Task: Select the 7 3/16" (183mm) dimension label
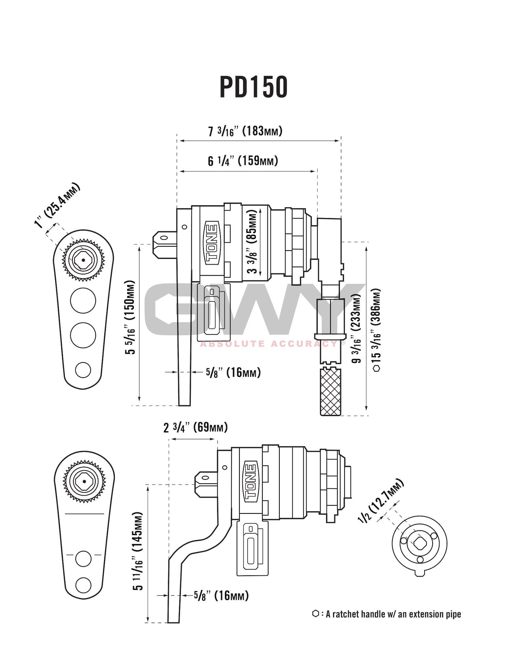245,131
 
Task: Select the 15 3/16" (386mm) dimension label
377,329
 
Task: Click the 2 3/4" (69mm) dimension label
195,427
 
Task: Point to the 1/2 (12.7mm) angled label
381,500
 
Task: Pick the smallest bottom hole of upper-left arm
83,370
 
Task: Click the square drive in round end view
419,544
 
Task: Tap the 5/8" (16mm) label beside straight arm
233,372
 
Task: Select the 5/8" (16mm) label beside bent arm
221,595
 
